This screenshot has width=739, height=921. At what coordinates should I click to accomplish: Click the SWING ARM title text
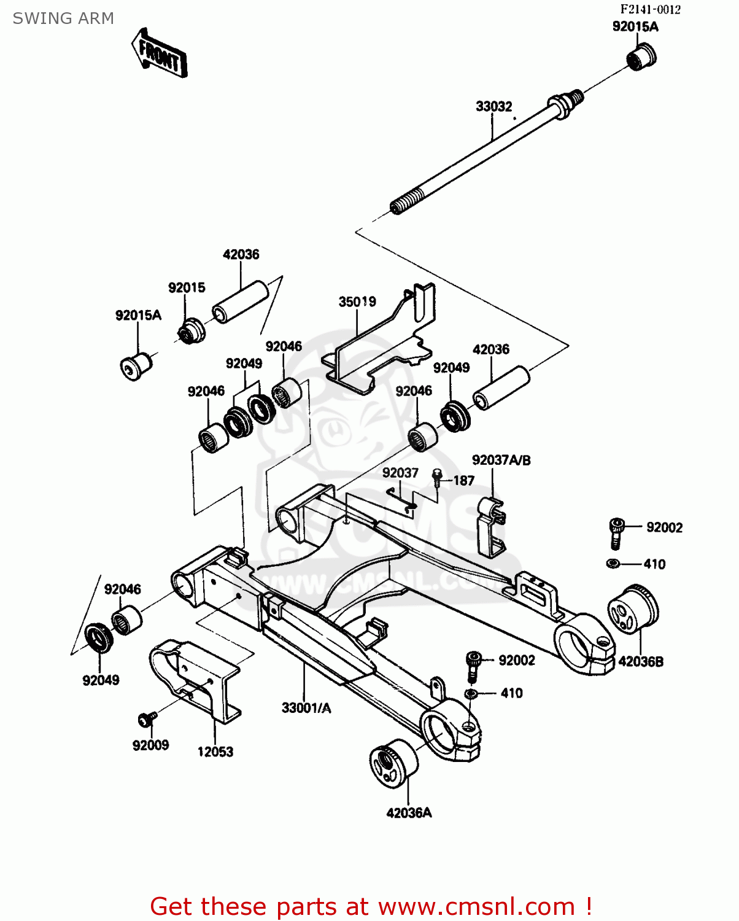click(63, 18)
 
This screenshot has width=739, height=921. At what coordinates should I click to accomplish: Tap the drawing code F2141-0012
click(650, 9)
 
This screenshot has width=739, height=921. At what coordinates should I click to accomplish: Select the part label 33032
click(493, 106)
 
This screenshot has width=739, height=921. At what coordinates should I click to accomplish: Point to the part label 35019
click(357, 301)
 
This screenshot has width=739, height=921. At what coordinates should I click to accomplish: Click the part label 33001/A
click(306, 708)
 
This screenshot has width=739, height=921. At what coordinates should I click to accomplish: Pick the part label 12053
click(215, 752)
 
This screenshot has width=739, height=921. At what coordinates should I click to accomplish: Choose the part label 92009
click(150, 745)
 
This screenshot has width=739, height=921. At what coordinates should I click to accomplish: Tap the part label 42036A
click(409, 813)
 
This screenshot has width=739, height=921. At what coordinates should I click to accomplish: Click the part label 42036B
click(641, 661)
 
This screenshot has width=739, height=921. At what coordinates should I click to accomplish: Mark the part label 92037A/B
click(501, 460)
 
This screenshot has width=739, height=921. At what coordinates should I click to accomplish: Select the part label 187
click(463, 480)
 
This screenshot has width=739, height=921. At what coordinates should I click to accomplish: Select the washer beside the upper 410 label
click(612, 564)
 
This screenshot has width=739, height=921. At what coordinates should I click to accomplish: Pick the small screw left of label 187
click(437, 477)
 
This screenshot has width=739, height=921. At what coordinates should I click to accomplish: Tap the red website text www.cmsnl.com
click(476, 906)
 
